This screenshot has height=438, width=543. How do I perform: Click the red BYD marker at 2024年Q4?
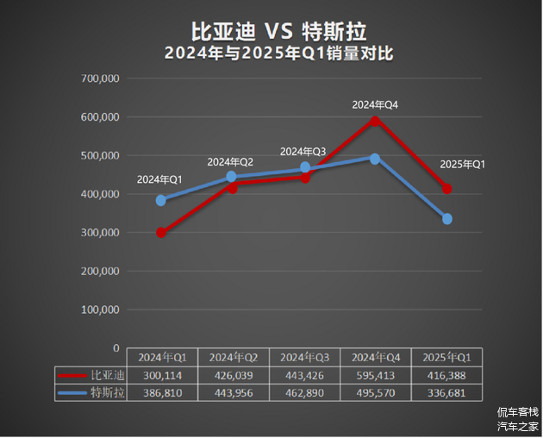pos(375,120)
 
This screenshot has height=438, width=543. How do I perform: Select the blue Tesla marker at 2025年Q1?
pos(447,219)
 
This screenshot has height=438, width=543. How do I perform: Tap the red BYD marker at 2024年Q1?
pos(161,233)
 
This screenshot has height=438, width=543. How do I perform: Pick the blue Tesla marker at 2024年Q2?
pos(232,177)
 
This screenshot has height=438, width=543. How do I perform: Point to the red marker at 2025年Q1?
pos(446,189)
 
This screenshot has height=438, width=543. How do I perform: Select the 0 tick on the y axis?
pos(115,347)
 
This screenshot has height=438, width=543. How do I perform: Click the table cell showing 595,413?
pos(375,375)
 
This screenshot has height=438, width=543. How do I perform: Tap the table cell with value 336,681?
pos(446,392)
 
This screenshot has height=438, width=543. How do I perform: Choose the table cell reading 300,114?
pos(162,375)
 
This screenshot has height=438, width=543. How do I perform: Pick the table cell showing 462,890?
pos(304,392)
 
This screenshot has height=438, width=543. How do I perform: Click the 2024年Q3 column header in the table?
pos(304,357)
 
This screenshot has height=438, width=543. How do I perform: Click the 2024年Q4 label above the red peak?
pos(375,105)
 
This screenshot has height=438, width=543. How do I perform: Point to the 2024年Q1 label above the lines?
pos(159,179)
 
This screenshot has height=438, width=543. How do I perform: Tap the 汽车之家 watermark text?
pos(517,426)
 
